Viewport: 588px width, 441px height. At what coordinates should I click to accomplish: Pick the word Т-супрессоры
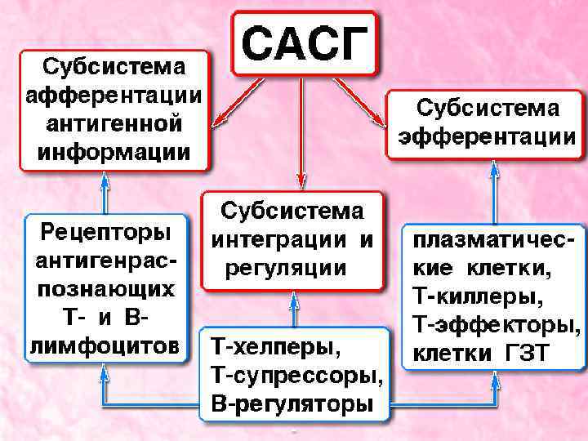[x=296, y=375]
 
